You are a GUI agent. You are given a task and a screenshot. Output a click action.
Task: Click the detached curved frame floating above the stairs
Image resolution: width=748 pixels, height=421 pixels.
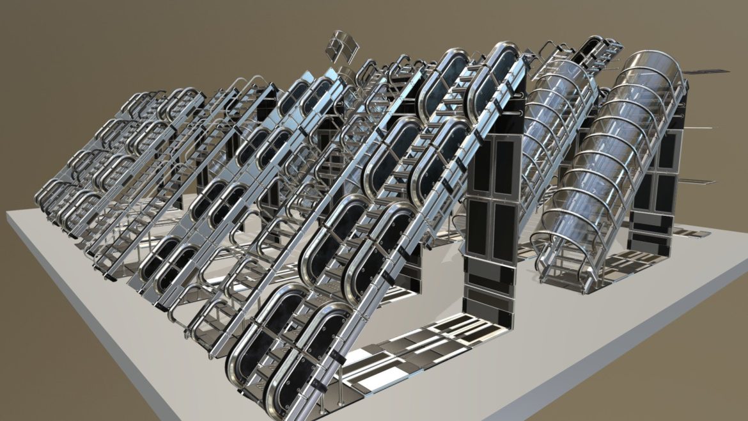(x=342, y=44)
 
